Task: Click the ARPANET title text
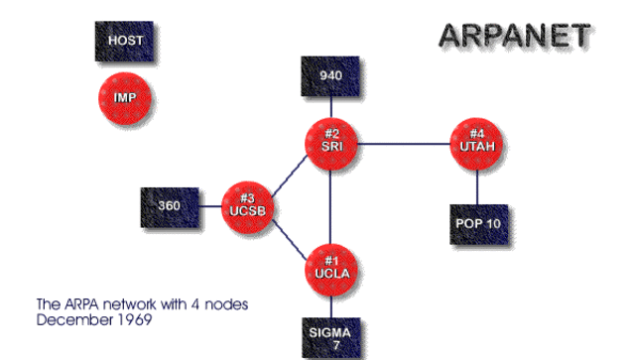tap(515, 37)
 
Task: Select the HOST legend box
tap(125, 41)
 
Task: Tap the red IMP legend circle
tap(125, 96)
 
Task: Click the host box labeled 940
tap(331, 75)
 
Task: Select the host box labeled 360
tap(169, 207)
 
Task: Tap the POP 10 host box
tap(478, 222)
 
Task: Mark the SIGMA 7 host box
tap(331, 336)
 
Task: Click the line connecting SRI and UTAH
tap(405, 144)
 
